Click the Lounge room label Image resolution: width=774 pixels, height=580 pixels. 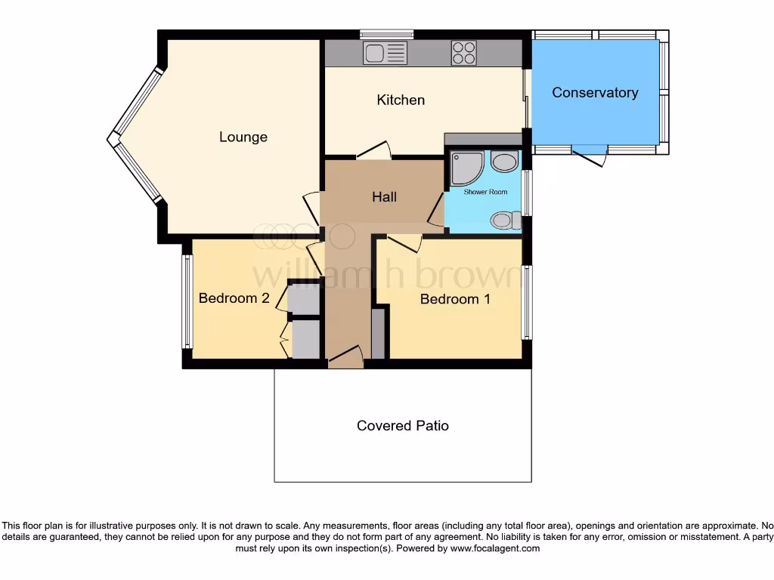pyautogui.click(x=243, y=137)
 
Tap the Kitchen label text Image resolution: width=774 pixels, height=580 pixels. pyautogui.click(x=401, y=100)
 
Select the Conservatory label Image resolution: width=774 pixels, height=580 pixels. pyautogui.click(x=595, y=92)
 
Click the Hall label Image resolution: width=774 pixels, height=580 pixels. pyautogui.click(x=384, y=197)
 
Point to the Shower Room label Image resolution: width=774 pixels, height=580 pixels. pyautogui.click(x=485, y=192)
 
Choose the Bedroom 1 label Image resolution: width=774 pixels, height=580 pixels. pyautogui.click(x=455, y=299)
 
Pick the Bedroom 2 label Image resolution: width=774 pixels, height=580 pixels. pyautogui.click(x=234, y=298)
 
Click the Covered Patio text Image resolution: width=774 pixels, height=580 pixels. pyautogui.click(x=403, y=426)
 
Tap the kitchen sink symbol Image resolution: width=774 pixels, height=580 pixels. pyautogui.click(x=384, y=52)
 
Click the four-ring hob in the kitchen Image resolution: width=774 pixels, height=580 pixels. pyautogui.click(x=464, y=52)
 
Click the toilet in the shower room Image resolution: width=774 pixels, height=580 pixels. pyautogui.click(x=505, y=220)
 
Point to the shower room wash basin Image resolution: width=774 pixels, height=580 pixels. pyautogui.click(x=504, y=161)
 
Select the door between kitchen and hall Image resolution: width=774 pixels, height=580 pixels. pyautogui.click(x=374, y=151)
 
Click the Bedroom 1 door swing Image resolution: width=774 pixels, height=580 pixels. pyautogui.click(x=405, y=242)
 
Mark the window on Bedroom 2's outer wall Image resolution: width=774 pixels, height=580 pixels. pyautogui.click(x=186, y=301)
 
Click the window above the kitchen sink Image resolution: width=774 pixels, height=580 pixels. pyautogui.click(x=386, y=34)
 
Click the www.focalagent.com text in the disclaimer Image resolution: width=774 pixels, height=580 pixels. pyautogui.click(x=495, y=548)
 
